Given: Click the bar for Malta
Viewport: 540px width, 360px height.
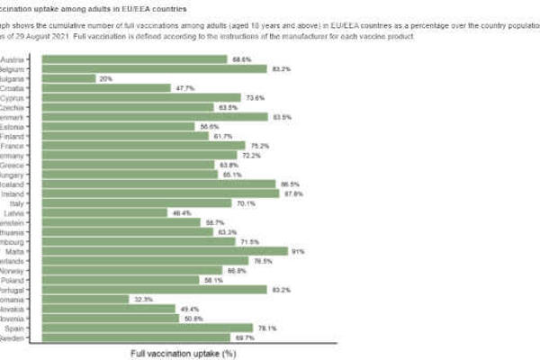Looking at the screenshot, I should pyautogui.click(x=162, y=251).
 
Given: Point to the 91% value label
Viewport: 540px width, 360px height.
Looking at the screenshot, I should pyautogui.click(x=300, y=251).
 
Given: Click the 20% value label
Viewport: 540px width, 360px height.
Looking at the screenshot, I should pyautogui.click(x=106, y=78).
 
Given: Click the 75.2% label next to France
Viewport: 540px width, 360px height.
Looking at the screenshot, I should pyautogui.click(x=259, y=146).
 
